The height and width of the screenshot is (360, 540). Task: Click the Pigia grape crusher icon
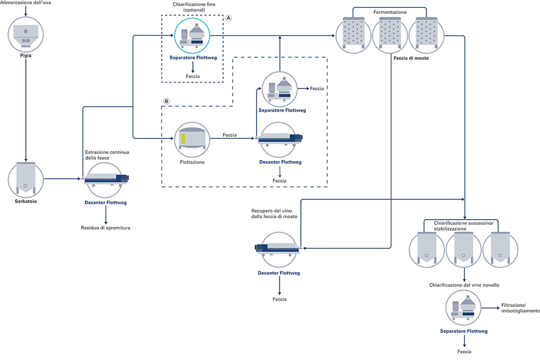(x=26, y=34)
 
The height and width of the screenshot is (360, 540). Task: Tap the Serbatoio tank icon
(x=26, y=180)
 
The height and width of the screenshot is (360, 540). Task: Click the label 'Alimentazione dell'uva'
(x=26, y=3)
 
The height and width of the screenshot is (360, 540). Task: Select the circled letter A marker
(x=228, y=18)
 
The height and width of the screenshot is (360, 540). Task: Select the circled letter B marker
(x=166, y=101)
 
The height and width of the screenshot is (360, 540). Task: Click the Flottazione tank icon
(x=192, y=139)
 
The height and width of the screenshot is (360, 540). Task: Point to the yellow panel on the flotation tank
(x=184, y=139)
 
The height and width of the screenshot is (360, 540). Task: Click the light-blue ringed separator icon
(x=192, y=36)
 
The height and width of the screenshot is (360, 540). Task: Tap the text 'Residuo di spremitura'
(x=106, y=228)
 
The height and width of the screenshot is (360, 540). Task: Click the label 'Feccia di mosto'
(x=411, y=58)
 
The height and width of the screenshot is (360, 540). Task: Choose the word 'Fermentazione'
(x=390, y=12)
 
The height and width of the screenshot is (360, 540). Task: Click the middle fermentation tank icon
(x=390, y=35)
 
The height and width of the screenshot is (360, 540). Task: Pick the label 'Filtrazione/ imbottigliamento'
(x=520, y=308)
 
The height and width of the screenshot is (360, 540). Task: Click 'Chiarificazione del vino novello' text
(x=464, y=285)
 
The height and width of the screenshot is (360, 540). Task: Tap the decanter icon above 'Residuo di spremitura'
(x=106, y=180)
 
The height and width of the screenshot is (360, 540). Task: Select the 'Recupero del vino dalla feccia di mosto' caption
(x=274, y=214)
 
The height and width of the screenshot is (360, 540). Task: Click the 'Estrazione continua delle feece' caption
(x=107, y=155)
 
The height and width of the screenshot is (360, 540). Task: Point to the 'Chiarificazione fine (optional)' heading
(x=194, y=7)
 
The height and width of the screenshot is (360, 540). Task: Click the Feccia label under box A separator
(x=192, y=77)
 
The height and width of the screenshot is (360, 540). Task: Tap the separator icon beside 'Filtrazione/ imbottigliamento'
(x=463, y=308)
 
